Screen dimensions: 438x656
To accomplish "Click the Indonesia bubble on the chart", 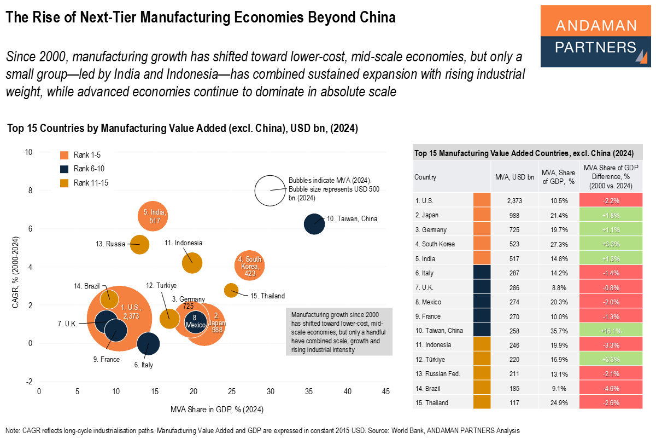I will (x=191, y=263).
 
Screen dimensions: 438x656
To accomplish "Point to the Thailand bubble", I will (x=231, y=290).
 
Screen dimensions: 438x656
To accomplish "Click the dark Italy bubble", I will (x=148, y=344).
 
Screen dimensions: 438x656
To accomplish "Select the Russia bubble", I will (x=140, y=244).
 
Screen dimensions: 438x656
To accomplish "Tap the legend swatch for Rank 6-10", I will (x=65, y=169).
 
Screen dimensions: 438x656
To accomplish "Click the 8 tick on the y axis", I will (x=29, y=191).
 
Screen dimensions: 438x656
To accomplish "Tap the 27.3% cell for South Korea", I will (x=557, y=244).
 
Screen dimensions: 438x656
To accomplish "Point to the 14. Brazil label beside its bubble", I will (x=85, y=286).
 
